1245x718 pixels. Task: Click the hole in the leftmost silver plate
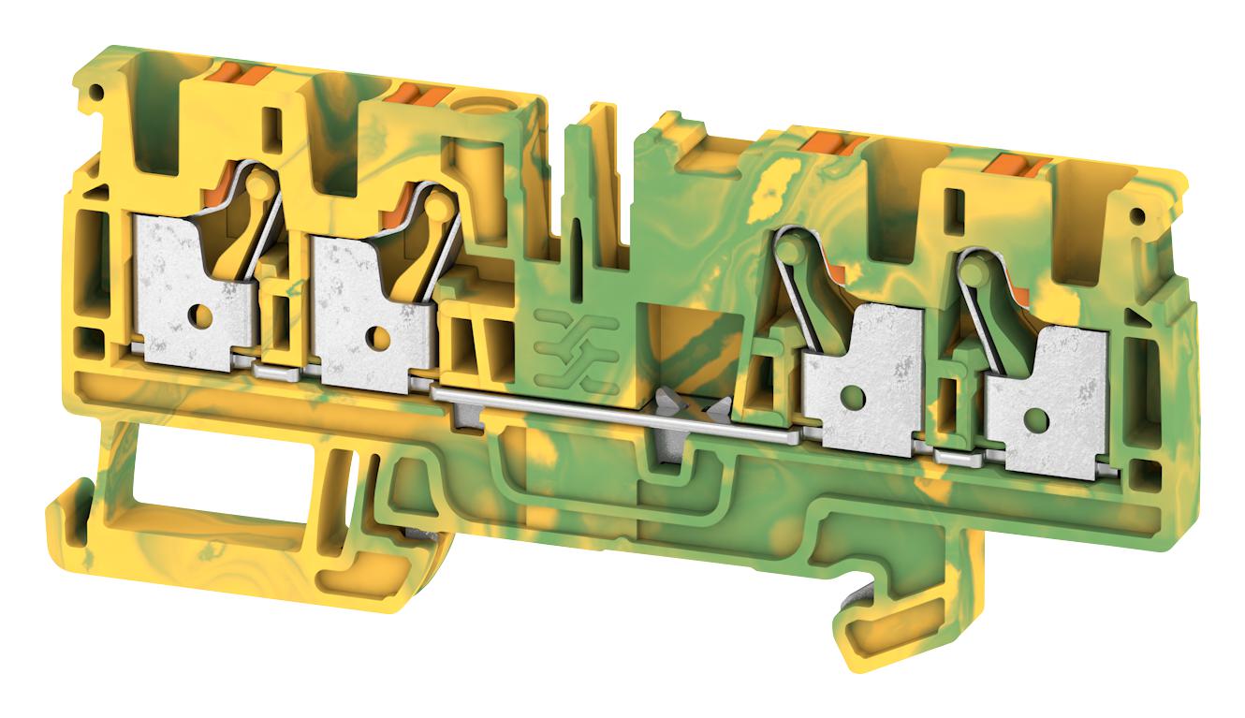click(200, 315)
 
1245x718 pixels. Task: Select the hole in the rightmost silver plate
click(1034, 418)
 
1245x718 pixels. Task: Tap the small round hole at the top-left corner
click(94, 91)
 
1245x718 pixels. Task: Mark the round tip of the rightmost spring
click(974, 272)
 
